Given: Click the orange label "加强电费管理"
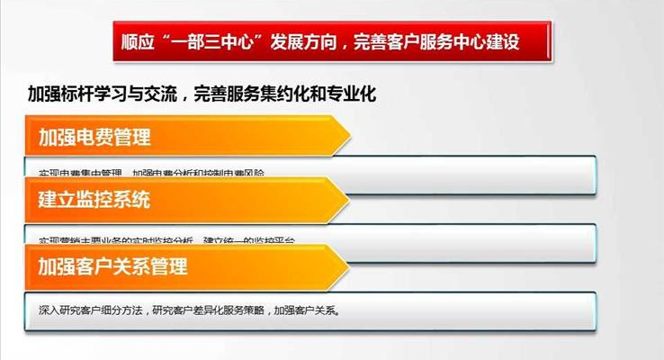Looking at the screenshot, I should coord(94,138).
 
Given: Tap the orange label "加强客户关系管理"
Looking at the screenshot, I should coord(112,267).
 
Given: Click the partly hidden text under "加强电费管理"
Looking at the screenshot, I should coord(153,172).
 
